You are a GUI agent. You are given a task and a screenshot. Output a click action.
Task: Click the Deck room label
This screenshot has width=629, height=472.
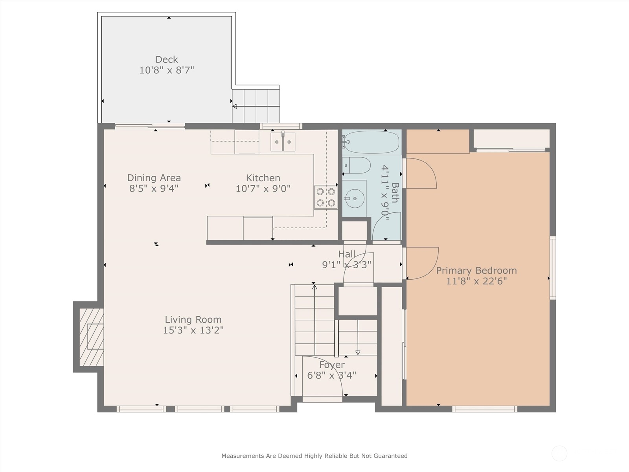(167, 59)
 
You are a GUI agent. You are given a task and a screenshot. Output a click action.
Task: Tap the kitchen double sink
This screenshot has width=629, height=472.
(283, 142)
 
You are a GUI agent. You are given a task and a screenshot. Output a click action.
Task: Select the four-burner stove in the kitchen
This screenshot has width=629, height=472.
(326, 197)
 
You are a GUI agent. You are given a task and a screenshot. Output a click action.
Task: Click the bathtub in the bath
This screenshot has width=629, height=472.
(372, 142)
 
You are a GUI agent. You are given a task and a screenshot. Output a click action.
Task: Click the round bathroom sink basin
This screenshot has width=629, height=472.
(355, 199)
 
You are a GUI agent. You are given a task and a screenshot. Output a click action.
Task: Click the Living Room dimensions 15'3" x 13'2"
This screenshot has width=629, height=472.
(193, 330)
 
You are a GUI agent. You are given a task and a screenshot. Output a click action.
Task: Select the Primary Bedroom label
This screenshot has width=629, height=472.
(476, 271)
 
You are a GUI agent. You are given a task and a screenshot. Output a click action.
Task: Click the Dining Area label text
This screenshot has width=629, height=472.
(154, 178)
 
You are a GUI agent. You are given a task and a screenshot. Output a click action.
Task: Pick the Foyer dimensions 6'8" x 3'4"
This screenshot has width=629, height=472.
(331, 376)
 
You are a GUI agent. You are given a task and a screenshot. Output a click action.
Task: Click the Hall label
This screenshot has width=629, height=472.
(346, 254)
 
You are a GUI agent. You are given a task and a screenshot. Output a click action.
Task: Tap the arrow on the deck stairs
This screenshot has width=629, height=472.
(235, 106)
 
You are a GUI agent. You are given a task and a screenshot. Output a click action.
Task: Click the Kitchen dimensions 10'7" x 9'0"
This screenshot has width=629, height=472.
(263, 189)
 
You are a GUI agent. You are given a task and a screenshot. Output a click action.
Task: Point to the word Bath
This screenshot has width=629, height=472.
(395, 192)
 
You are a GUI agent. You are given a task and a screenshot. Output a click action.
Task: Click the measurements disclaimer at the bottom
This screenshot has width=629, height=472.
(314, 456)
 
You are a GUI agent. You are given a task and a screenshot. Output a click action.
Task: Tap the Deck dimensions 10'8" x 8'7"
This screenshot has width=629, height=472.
(167, 70)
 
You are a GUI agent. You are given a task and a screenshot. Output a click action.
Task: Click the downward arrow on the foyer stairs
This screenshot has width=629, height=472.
(358, 352)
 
